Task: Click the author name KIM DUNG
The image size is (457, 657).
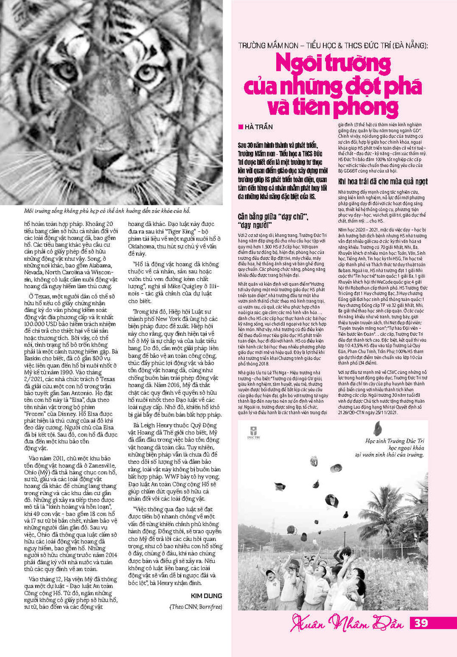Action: click(206, 595)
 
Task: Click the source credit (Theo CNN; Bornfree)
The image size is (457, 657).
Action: click(196, 607)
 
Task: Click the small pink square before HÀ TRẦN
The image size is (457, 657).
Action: click(240, 126)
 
